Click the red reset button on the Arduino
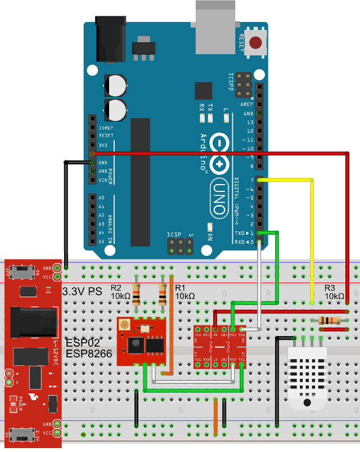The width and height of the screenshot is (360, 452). (x=256, y=42)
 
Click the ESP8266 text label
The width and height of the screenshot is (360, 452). (x=89, y=353)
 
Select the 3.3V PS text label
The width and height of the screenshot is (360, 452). (x=83, y=292)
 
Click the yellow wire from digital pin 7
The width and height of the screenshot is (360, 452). (x=312, y=236)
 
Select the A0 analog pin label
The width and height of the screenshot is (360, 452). (x=101, y=198)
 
